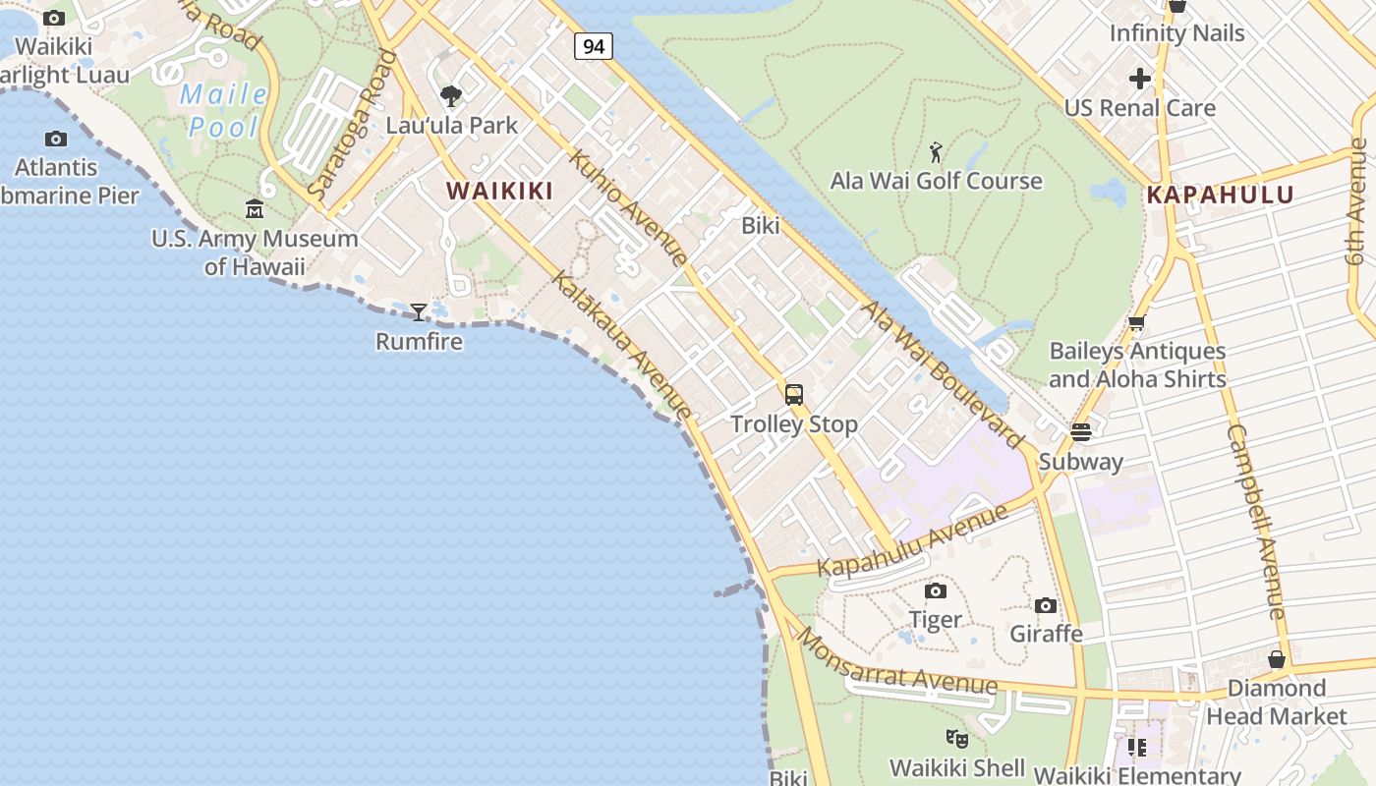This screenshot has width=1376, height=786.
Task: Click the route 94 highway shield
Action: [594, 46]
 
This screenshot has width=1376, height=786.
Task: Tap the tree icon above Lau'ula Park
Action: [451, 96]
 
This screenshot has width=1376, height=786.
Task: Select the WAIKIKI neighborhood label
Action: [500, 191]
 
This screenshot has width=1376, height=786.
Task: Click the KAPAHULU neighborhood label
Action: [1220, 195]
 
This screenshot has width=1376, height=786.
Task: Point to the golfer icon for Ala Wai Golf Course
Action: [936, 152]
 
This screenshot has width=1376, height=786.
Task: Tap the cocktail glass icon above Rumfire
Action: [419, 312]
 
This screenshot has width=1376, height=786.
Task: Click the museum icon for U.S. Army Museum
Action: [255, 209]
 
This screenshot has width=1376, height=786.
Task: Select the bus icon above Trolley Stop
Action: [794, 395]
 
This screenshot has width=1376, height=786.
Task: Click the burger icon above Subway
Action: [1081, 432]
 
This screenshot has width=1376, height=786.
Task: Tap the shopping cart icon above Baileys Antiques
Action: [1137, 322]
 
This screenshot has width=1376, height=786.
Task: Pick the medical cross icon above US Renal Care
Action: [1140, 79]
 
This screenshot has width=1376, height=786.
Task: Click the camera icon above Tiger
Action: [936, 590]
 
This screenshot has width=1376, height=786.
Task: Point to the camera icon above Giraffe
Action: [1046, 605]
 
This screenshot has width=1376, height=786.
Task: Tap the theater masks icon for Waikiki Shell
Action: [956, 738]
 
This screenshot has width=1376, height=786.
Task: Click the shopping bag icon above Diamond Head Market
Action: [1277, 659]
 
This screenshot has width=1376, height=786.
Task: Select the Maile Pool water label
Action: [224, 110]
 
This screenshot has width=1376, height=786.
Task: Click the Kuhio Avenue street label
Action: [628, 207]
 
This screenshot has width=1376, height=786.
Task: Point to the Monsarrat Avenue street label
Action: [896, 664]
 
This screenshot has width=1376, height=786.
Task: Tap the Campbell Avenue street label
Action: [1256, 521]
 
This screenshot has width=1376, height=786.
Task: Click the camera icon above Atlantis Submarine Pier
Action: [56, 139]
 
